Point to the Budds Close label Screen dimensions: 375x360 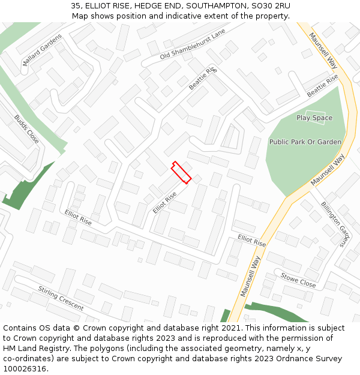[x=26, y=129]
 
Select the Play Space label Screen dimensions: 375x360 [x=314, y=118]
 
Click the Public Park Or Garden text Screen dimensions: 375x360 [x=305, y=142]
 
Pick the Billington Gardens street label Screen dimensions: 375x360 [x=334, y=224]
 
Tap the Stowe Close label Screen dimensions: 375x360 [x=298, y=280]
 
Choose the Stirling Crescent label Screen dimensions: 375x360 [x=61, y=298]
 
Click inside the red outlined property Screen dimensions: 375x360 [x=181, y=172]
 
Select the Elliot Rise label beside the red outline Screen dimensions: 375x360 [x=165, y=203]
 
